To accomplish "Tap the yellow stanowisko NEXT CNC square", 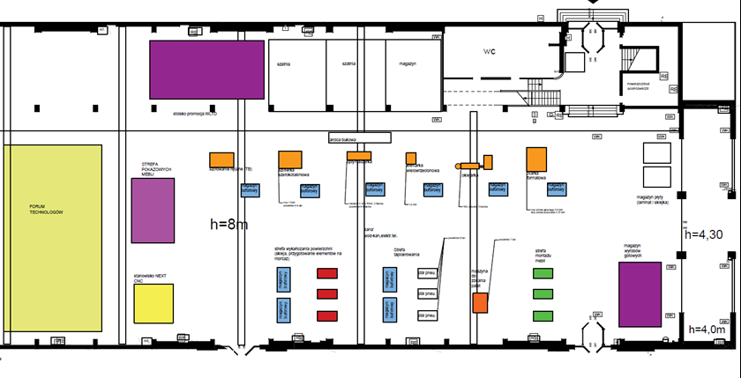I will click(152, 303).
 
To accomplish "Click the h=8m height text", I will click(229, 225).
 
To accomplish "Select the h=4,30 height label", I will click(705, 234).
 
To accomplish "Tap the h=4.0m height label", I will click(703, 330).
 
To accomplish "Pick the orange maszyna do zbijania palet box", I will click(480, 302).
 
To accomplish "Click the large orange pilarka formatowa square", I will click(536, 158).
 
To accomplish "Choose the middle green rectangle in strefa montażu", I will click(543, 293).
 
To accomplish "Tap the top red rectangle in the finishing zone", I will click(327, 273).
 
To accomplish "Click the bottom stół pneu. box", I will click(428, 315).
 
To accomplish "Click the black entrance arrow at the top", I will click(592, 4).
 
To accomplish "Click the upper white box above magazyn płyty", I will click(657, 151).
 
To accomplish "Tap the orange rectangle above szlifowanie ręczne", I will click(221, 159).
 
